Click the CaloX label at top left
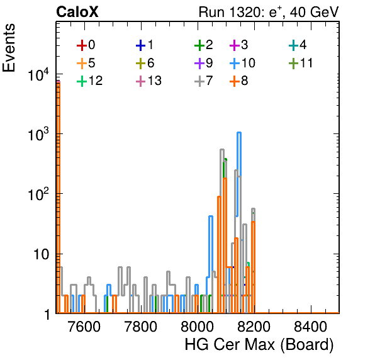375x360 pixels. coord(77,12)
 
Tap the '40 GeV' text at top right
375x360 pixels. coord(314,12)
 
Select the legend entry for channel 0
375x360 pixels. coord(86,45)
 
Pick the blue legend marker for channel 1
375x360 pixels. coord(141,45)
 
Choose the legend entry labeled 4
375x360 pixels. coord(298,45)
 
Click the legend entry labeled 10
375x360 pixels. coord(242,63)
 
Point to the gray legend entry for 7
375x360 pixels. coord(204,81)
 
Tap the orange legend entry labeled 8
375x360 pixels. coord(238,81)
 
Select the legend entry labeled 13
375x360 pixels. coord(148,81)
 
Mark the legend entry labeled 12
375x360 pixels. coord(90,81)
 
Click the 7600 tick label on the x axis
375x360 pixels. coord(84,327)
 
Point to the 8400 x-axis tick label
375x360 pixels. coord(310,327)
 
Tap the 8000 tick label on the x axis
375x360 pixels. coord(197,327)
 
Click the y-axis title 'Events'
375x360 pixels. coord(9,48)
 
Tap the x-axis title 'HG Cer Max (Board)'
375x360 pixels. coord(259,345)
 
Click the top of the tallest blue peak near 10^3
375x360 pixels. coord(239,132)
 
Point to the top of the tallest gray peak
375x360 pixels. coord(222,150)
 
